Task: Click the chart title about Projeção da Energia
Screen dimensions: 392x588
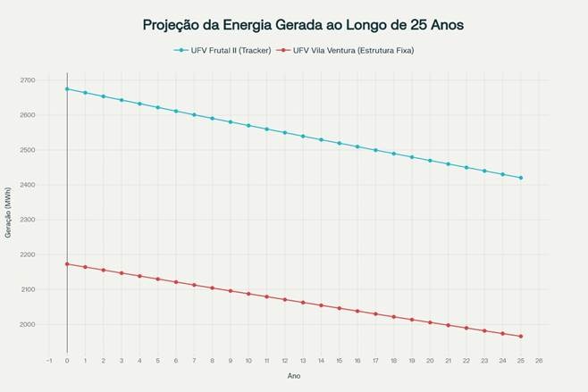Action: (303, 25)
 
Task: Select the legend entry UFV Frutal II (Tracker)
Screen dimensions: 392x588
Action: (229, 51)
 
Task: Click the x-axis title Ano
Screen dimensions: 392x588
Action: (294, 376)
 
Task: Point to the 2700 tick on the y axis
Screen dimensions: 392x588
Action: (27, 80)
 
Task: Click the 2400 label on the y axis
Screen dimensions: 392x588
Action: (27, 185)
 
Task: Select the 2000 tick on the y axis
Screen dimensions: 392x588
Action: (27, 324)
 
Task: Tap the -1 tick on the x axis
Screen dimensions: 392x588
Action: (48, 361)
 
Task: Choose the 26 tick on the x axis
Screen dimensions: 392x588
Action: (539, 361)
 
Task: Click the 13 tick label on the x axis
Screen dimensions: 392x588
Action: (303, 361)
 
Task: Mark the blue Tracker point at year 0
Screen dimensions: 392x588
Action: (67, 89)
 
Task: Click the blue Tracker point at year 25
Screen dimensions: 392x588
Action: (521, 178)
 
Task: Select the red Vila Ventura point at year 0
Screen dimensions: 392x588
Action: (67, 263)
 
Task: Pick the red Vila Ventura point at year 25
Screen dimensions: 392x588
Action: (521, 337)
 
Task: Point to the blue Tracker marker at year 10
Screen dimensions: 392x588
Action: (248, 125)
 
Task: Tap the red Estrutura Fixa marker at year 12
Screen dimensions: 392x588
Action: (285, 299)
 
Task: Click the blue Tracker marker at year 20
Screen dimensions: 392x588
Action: (430, 161)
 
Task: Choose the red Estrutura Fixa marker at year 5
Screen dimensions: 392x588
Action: (158, 279)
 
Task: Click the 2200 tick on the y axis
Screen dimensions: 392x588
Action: (27, 254)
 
